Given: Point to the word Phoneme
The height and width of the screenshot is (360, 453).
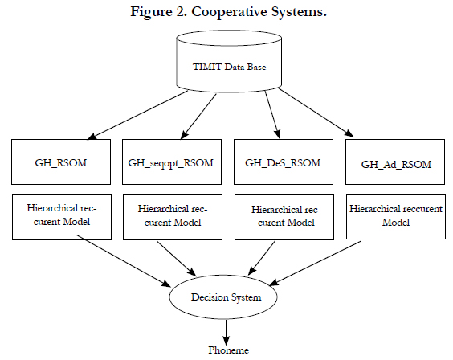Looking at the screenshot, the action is point(229,350).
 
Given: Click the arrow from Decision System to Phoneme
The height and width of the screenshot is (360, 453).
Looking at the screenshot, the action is point(226,332).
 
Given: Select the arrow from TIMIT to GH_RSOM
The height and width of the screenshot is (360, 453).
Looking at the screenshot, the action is point(138,115).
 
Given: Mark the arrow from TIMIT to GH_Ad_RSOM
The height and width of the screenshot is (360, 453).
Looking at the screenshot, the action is point(316,112).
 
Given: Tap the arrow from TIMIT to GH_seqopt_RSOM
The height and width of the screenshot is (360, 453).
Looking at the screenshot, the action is point(198,117).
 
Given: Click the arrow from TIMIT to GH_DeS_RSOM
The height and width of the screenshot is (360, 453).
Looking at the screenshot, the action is point(272,114).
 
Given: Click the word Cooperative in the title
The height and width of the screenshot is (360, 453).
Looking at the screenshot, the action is point(229,12).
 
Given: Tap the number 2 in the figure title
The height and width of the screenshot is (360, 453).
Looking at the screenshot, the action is point(181,11).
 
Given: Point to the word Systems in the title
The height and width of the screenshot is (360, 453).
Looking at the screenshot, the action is point(299,12).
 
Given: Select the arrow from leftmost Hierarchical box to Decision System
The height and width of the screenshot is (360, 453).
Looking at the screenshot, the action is point(124,260).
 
